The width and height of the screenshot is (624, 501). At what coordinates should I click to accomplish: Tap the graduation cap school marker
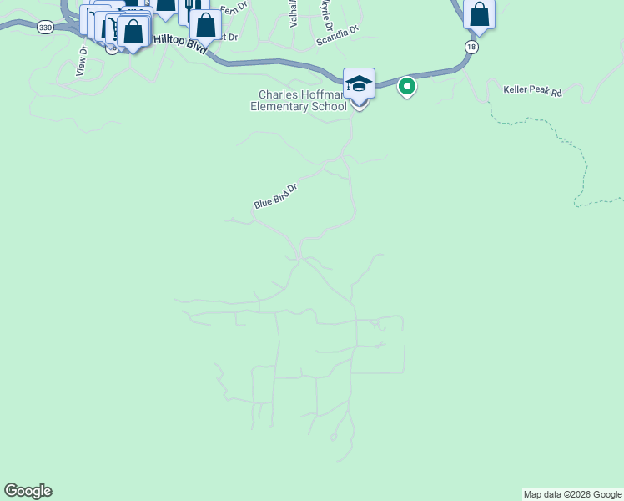click(x=359, y=84)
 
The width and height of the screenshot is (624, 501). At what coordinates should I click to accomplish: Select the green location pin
click(x=407, y=86)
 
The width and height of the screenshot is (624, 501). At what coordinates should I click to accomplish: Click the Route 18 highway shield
click(x=472, y=46)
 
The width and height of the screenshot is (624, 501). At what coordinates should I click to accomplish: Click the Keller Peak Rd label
click(x=533, y=90)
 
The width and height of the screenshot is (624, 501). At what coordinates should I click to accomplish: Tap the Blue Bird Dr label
click(x=275, y=196)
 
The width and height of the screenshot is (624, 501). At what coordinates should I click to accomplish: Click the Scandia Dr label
click(x=337, y=34)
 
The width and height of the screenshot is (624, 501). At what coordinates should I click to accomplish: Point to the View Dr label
click(x=82, y=61)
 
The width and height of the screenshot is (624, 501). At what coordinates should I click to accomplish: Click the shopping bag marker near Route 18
click(x=479, y=14)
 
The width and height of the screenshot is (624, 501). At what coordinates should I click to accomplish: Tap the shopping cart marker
click(x=108, y=28)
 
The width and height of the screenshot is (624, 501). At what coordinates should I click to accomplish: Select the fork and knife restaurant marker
click(x=189, y=7)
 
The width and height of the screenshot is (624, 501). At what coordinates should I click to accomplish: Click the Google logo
click(x=28, y=491)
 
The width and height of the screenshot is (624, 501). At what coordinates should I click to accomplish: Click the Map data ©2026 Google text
click(x=572, y=494)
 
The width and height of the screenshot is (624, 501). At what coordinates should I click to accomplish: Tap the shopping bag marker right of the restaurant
click(x=206, y=24)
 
